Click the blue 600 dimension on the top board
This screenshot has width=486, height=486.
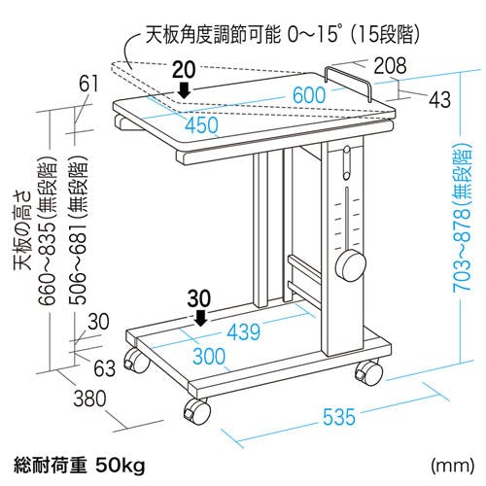click(309, 95)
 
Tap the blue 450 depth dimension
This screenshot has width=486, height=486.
click(201, 125)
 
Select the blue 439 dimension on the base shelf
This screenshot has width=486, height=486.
click(244, 331)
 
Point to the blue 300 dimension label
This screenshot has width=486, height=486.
click(209, 356)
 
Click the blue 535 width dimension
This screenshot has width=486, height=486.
click(339, 417)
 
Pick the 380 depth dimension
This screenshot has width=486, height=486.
click(89, 399)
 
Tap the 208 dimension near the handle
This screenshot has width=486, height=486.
click(390, 65)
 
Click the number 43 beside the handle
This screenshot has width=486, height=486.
click(439, 99)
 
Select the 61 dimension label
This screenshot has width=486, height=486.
click(88, 84)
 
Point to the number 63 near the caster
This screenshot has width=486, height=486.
click(105, 368)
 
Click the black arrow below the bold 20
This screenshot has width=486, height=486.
click(185, 89)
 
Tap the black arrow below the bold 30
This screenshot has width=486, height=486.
click(201, 318)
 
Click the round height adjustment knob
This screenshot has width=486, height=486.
click(350, 266)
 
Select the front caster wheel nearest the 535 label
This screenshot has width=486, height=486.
click(196, 411)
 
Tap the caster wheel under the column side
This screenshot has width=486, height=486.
click(369, 372)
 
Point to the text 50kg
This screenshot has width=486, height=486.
click(121, 466)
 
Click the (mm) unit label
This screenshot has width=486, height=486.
click(453, 466)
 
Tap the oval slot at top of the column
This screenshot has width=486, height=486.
click(347, 162)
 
